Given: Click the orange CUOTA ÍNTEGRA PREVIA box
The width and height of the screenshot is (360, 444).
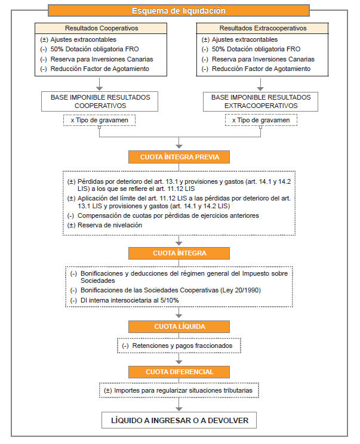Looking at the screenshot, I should (x=180, y=158).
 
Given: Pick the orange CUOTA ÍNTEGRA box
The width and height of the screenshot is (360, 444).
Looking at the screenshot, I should (x=180, y=253).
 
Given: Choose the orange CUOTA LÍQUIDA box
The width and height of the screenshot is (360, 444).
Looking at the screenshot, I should (x=180, y=326).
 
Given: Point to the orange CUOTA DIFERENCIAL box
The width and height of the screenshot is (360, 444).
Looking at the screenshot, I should (x=180, y=372).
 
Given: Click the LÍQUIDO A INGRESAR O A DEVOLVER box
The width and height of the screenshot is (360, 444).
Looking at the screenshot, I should (x=180, y=420).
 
